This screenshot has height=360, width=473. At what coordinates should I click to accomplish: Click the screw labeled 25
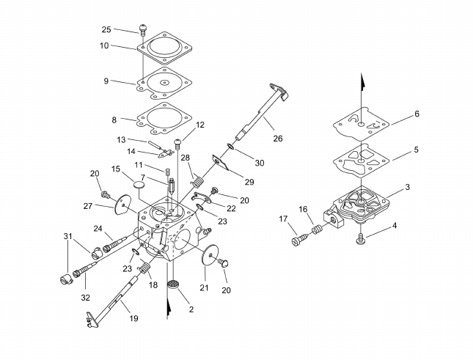click(x=143, y=29)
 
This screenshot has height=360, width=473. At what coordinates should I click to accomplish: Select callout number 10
click(x=104, y=46)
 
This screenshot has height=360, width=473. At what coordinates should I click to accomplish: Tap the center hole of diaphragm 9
click(x=164, y=82)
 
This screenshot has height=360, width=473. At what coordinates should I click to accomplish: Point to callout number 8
click(x=114, y=120)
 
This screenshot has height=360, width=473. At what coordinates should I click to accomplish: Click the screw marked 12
click(x=177, y=143)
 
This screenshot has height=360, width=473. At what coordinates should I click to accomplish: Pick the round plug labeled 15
click(x=139, y=184)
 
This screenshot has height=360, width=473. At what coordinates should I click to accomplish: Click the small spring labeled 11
click(x=167, y=173)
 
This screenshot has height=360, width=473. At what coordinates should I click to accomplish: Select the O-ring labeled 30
click(x=230, y=147)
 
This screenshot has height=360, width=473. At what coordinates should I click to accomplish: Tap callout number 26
click(x=278, y=139)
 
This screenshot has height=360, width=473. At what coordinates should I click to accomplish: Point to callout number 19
click(x=133, y=318)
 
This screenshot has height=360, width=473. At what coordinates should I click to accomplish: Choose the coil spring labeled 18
click(x=144, y=268)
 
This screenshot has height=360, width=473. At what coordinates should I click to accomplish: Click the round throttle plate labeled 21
click(x=209, y=255)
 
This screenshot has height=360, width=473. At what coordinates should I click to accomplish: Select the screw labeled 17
click(x=300, y=240)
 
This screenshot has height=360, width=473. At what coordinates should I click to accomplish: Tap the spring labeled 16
click(x=317, y=229)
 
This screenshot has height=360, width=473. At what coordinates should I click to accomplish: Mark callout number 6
click(x=417, y=114)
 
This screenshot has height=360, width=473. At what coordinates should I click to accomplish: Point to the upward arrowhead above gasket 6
click(x=362, y=82)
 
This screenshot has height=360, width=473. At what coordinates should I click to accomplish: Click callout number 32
click(x=86, y=298)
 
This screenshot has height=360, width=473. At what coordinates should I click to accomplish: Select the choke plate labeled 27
click(x=123, y=205)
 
